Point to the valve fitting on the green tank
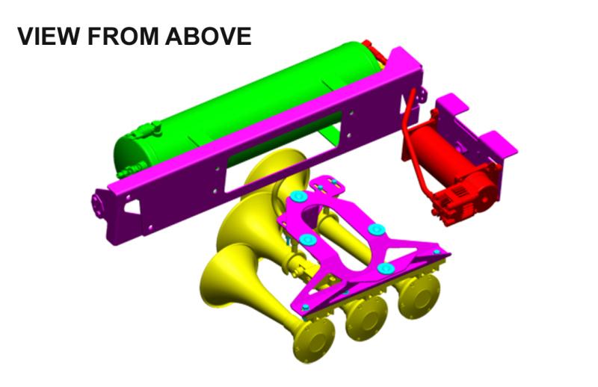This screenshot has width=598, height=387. coord(146,132)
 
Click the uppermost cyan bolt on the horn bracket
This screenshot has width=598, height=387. coord(298,196)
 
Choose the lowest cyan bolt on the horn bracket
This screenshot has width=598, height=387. coord(386,268)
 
